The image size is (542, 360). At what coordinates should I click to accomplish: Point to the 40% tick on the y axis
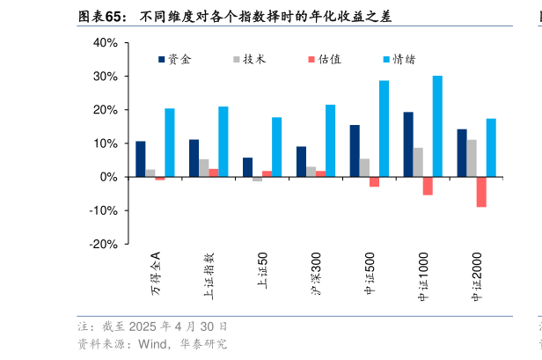[105, 43]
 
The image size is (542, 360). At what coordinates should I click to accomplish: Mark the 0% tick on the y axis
[108, 177]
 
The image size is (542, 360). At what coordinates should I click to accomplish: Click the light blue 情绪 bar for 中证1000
[437, 126]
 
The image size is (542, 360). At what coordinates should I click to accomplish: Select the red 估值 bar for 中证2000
[481, 192]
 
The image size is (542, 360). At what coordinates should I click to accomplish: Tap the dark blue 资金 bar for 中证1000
[408, 144]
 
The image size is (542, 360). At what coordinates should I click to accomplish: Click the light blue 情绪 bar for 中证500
[384, 129]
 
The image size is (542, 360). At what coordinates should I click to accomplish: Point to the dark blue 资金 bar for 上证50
[247, 167]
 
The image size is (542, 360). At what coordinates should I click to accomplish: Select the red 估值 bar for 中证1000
[428, 186]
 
